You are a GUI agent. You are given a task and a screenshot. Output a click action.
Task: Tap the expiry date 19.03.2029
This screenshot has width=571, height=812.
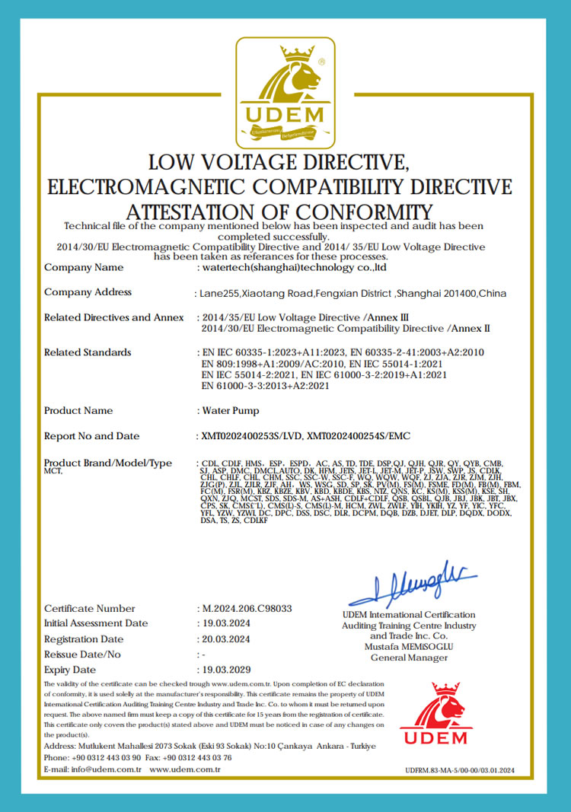[228, 670]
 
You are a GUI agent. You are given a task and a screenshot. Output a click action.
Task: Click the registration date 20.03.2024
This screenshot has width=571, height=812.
[228, 639]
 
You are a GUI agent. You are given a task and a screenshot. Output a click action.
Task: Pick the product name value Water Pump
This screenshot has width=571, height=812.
[230, 410]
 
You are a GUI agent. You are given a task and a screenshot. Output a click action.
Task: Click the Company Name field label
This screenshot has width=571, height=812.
[84, 267]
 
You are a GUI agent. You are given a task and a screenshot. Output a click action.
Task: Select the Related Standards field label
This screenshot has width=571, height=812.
[88, 352]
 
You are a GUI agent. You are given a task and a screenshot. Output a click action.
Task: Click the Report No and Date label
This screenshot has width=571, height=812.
[92, 436]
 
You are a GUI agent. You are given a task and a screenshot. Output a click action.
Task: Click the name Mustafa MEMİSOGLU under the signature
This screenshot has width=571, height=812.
[409, 646]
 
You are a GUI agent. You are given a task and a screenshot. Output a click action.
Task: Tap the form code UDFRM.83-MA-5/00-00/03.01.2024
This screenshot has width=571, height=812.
[461, 770]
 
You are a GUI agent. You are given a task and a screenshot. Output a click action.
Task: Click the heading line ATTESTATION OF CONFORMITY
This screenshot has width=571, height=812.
[279, 211]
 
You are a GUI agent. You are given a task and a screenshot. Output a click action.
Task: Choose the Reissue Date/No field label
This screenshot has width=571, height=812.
[82, 654]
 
